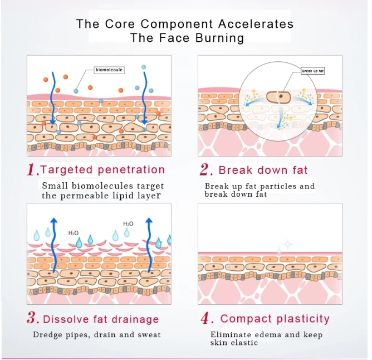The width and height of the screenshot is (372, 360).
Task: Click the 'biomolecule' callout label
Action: [x=109, y=70]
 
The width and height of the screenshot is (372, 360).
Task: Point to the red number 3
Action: [x=32, y=319]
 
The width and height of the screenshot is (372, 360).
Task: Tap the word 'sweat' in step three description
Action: [x=149, y=334]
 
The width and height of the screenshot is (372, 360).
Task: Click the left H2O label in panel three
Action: [x=74, y=233]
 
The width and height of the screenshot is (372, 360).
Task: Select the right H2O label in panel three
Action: [x=128, y=224]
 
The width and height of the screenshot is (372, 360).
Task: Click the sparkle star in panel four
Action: [x=287, y=244]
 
